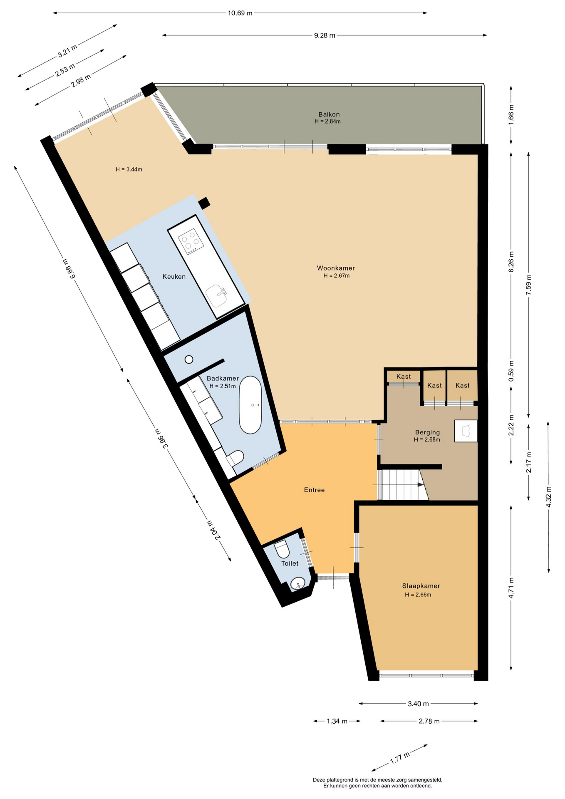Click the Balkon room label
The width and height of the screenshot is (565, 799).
(329, 114)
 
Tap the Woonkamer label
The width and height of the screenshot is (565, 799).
(336, 268)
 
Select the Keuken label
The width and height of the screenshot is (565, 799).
(174, 276)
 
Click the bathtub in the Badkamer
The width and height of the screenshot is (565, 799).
(250, 405)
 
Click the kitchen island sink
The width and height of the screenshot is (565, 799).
(217, 295)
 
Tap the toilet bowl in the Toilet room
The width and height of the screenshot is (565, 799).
(282, 549)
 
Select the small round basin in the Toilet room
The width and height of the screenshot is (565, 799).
(298, 584)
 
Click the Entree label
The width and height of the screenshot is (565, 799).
(314, 490)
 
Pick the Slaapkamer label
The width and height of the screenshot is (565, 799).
(421, 586)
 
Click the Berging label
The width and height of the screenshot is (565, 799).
(427, 432)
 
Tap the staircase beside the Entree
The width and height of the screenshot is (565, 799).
(403, 485)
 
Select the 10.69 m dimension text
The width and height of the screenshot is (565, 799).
(240, 13)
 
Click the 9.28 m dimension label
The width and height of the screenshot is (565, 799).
(325, 35)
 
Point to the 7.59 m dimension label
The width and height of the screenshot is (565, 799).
(528, 285)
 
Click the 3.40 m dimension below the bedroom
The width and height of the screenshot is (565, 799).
(418, 703)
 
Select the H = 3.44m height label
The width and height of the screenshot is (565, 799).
(129, 169)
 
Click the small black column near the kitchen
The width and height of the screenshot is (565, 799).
(204, 203)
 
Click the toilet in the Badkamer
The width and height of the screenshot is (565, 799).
(235, 458)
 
